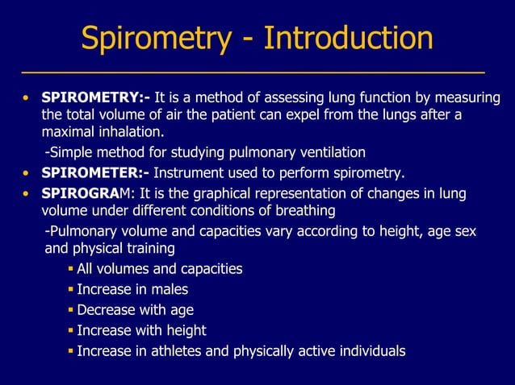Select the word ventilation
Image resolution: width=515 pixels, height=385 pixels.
click(x=332, y=152)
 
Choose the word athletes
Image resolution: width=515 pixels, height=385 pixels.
click(x=177, y=351)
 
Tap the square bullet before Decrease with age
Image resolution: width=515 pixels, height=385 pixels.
click(x=71, y=310)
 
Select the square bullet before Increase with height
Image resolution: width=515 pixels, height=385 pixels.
click(x=71, y=330)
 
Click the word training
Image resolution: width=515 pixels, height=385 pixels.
click(x=149, y=248)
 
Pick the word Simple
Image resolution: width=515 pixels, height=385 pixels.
click(x=68, y=152)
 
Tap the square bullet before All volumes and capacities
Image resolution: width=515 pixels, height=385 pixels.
click(x=71, y=268)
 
